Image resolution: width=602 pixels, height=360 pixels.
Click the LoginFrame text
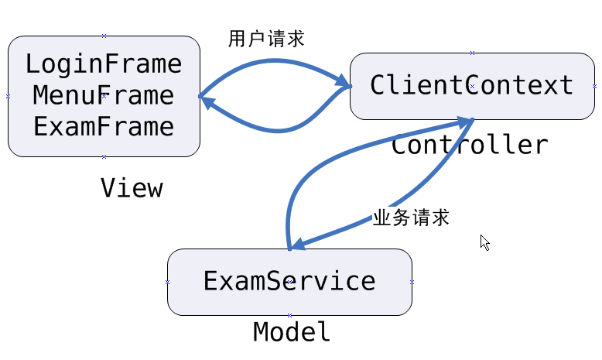point(104,63)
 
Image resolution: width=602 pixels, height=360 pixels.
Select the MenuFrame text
point(104,96)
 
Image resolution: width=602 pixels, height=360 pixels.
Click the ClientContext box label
point(472,85)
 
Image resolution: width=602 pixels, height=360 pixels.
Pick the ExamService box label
point(289,281)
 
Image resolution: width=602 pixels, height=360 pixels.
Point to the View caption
point(132,188)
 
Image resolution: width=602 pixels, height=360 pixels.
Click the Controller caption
point(470,146)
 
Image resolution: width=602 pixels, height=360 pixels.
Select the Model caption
point(292,332)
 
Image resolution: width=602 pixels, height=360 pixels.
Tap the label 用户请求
point(266,39)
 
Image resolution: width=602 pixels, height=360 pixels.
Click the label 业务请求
point(411,218)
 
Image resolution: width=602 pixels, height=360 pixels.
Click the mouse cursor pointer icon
point(484,242)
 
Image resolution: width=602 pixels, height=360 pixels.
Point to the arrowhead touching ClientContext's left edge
point(342,82)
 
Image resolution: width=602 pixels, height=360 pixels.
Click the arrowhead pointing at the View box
point(207,100)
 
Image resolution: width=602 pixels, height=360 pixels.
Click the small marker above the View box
point(104,36)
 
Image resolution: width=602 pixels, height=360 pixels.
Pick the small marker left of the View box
point(8,96)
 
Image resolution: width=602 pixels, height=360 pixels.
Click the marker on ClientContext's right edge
point(594,86)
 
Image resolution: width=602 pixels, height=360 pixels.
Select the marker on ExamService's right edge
point(412,282)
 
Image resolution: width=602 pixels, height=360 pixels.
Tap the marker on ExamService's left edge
point(167,282)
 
